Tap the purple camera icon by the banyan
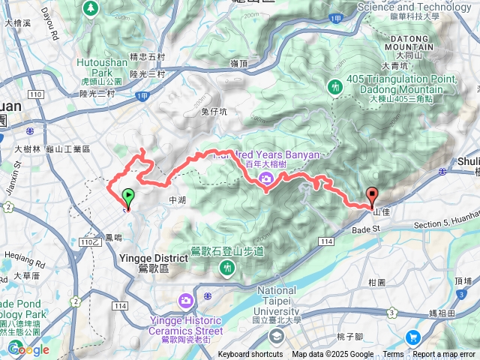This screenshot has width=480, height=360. click(x=266, y=178)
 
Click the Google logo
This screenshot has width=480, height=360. click(x=28, y=349)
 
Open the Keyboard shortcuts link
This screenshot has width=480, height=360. click(x=250, y=355)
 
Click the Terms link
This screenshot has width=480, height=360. click(x=393, y=355)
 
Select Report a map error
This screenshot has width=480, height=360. click(x=444, y=355)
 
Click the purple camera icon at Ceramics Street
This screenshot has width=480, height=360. click(x=185, y=301)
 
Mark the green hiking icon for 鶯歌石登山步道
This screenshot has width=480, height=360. click(x=226, y=268)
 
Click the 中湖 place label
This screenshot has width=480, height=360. click(x=177, y=200)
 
